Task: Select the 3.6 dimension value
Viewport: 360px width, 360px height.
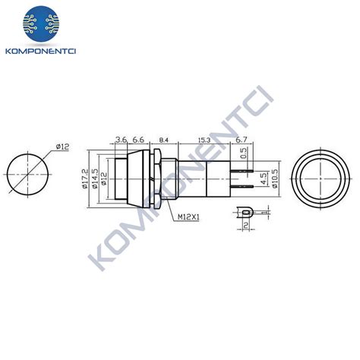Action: [121, 139]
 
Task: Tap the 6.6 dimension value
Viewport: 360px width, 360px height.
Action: [139, 139]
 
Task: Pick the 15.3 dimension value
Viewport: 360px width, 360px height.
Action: [204, 139]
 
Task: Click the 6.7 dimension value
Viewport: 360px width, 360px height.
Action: [240, 139]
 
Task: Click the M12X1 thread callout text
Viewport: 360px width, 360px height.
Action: [189, 218]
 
